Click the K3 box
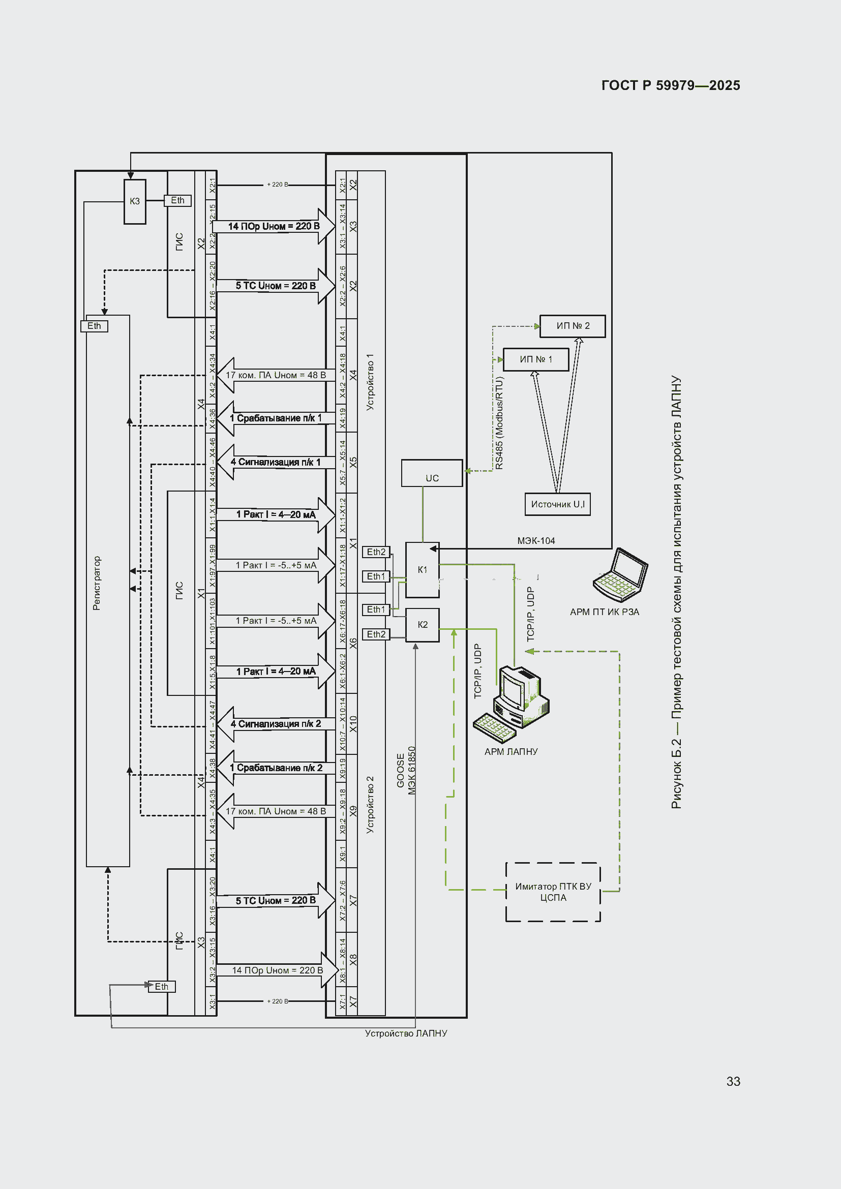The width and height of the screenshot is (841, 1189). (x=135, y=201)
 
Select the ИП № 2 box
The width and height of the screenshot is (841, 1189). (x=572, y=326)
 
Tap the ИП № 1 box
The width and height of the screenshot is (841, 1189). (x=536, y=359)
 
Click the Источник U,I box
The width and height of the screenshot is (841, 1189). (x=557, y=504)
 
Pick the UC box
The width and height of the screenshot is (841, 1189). (x=432, y=473)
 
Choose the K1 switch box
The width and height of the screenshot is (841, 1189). (x=423, y=570)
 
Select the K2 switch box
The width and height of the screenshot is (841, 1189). (x=423, y=625)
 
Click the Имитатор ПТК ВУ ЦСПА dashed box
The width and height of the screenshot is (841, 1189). (x=553, y=892)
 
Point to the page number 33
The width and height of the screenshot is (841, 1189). (x=733, y=1081)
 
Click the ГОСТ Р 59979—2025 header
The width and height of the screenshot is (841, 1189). (x=670, y=85)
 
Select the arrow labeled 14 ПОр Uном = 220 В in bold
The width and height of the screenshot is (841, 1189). (x=274, y=226)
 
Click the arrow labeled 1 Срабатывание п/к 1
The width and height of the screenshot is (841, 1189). (x=276, y=418)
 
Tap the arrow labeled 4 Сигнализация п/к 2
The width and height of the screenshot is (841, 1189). (x=276, y=723)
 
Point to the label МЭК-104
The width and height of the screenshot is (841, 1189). (x=536, y=541)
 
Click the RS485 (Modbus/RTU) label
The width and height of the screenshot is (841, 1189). (x=499, y=423)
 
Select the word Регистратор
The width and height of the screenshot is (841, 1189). (x=97, y=583)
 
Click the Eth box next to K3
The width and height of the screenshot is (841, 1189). (x=177, y=200)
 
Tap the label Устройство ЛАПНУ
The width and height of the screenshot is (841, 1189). (x=406, y=1033)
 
